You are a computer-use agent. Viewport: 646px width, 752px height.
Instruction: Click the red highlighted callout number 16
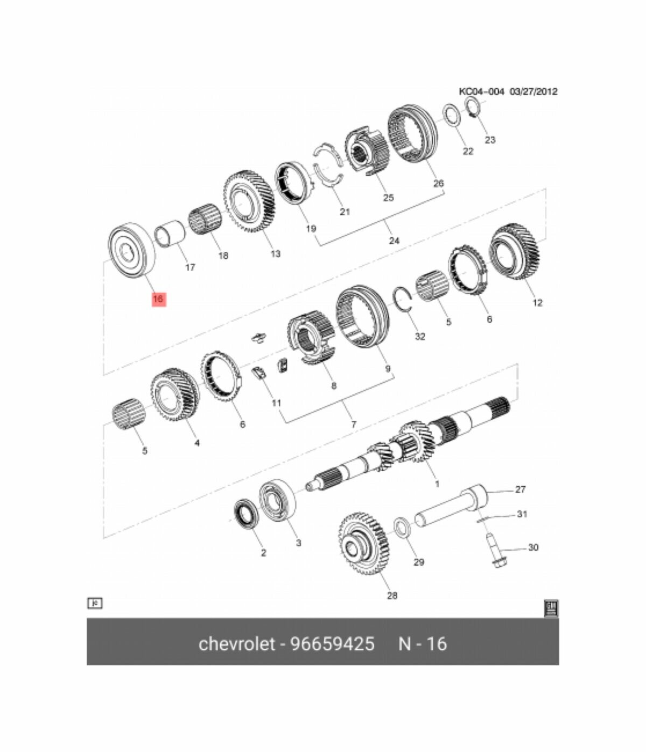coord(159,299)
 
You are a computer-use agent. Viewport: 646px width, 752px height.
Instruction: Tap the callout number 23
coord(490,140)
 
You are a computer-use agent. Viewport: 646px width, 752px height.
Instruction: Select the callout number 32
coord(420,337)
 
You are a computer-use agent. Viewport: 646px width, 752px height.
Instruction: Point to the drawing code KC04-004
coord(481,91)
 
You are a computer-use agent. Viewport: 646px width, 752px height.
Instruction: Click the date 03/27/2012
coord(533,91)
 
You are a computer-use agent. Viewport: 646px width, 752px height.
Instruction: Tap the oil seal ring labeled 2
coord(246,515)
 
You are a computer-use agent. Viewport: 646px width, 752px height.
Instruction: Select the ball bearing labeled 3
coord(278,498)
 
